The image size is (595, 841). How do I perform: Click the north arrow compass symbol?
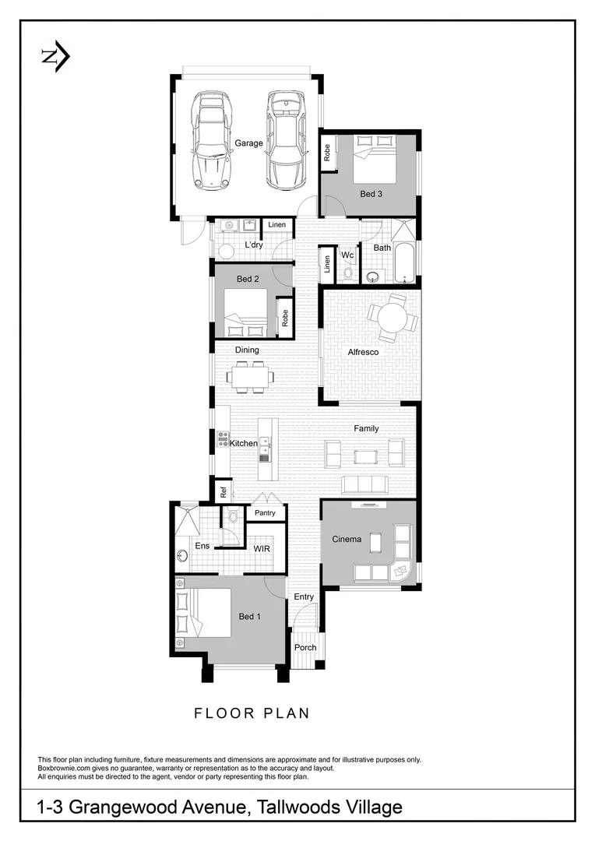click(55, 57)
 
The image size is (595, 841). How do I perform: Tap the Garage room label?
click(248, 143)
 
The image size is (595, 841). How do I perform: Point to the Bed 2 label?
click(248, 279)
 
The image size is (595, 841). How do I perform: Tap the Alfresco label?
click(363, 353)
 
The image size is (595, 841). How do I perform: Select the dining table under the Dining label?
click(250, 377)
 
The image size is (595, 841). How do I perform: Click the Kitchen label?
click(243, 443)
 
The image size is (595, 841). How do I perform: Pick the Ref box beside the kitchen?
click(223, 491)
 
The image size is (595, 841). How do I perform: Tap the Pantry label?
click(266, 513)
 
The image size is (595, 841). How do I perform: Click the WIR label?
click(262, 548)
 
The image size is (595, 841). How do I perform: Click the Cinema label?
click(347, 540)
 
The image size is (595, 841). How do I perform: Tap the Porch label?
click(305, 647)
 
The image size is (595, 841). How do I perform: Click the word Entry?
click(304, 597)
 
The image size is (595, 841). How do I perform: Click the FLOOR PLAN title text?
click(252, 713)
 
